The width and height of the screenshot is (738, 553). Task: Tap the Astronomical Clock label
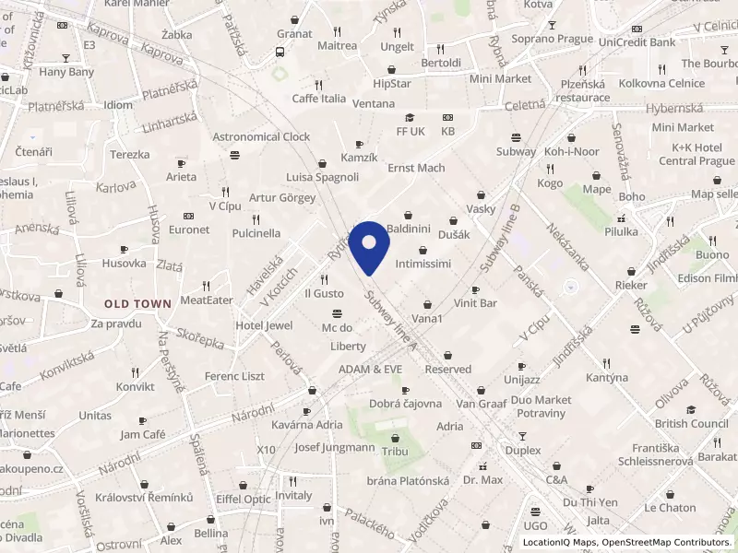(261, 136)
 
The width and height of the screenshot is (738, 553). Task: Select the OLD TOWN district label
(137, 303)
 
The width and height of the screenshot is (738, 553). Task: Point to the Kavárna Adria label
(307, 426)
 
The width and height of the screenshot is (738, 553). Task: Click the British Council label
(691, 424)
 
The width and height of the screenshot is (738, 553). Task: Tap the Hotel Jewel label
(264, 325)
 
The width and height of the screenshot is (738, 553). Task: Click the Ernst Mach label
(416, 168)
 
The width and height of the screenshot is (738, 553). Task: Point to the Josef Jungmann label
(334, 447)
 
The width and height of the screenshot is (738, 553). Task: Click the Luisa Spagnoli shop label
(322, 177)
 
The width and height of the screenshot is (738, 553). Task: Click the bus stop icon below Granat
(280, 53)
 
